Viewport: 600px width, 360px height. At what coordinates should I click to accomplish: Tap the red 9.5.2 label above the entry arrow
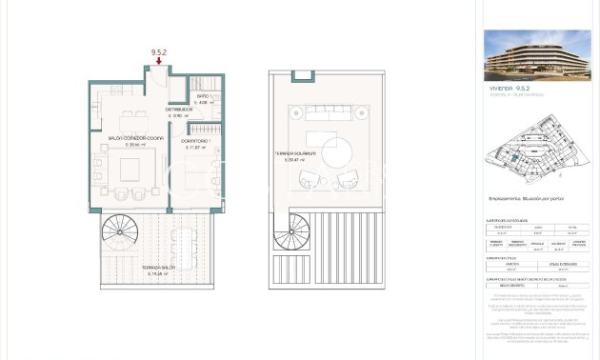(158, 52)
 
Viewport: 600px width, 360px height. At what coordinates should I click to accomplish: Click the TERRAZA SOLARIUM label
(291, 154)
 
